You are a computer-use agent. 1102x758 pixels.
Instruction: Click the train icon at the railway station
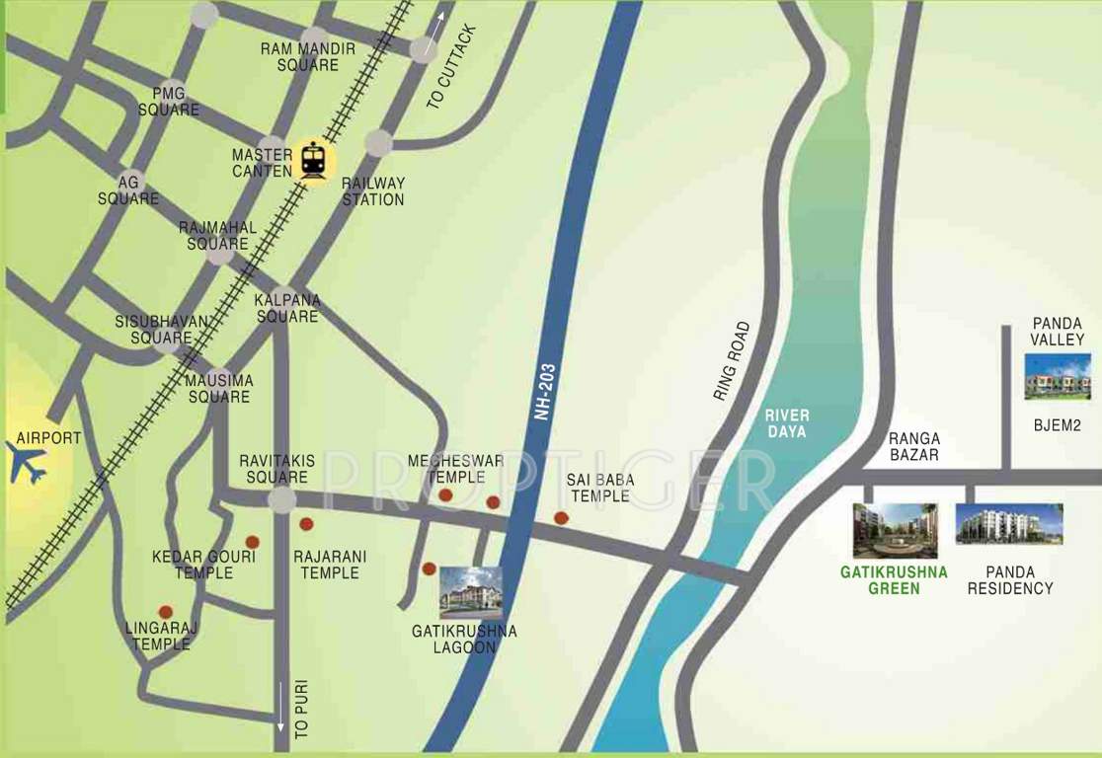313,160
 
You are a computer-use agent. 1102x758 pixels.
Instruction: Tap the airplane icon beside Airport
28,462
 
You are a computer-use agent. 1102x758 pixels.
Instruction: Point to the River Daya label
786,424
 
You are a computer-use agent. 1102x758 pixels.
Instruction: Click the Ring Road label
732,360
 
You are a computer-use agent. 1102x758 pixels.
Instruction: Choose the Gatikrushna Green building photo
895,531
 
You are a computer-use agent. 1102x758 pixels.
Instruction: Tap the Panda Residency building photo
1008,524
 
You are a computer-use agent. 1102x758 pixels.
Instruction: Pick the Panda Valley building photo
1058,375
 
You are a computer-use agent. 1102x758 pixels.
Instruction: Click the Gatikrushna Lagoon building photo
471,592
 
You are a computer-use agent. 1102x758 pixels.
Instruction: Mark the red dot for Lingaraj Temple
165,612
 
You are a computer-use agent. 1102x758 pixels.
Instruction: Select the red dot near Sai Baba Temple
561,518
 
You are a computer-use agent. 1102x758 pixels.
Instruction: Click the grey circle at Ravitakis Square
282,500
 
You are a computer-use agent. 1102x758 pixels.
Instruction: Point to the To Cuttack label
453,67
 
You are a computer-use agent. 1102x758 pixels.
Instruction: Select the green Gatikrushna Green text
894,580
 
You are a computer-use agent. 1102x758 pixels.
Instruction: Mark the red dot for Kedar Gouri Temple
252,542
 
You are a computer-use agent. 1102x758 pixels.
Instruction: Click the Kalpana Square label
287,308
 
